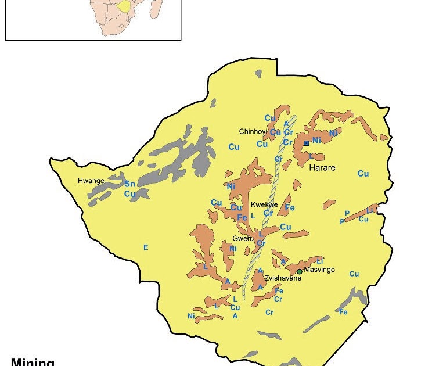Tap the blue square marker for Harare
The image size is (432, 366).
[307, 142]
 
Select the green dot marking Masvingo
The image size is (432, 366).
[300, 271]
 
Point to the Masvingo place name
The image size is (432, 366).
[319, 270]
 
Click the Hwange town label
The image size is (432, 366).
[91, 181]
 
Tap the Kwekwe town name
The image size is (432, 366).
[264, 205]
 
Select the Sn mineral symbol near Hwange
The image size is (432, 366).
[129, 184]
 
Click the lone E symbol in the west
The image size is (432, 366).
[146, 247]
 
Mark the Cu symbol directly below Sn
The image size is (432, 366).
[129, 193]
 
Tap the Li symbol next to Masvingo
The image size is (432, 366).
[319, 261]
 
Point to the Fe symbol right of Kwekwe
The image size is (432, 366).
[290, 207]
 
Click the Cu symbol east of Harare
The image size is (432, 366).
[363, 173]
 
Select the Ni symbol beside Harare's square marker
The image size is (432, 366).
[316, 141]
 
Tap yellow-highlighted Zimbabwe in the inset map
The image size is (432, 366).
[123, 6]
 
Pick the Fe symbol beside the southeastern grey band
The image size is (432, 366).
[343, 312]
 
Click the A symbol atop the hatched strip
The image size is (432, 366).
[286, 123]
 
